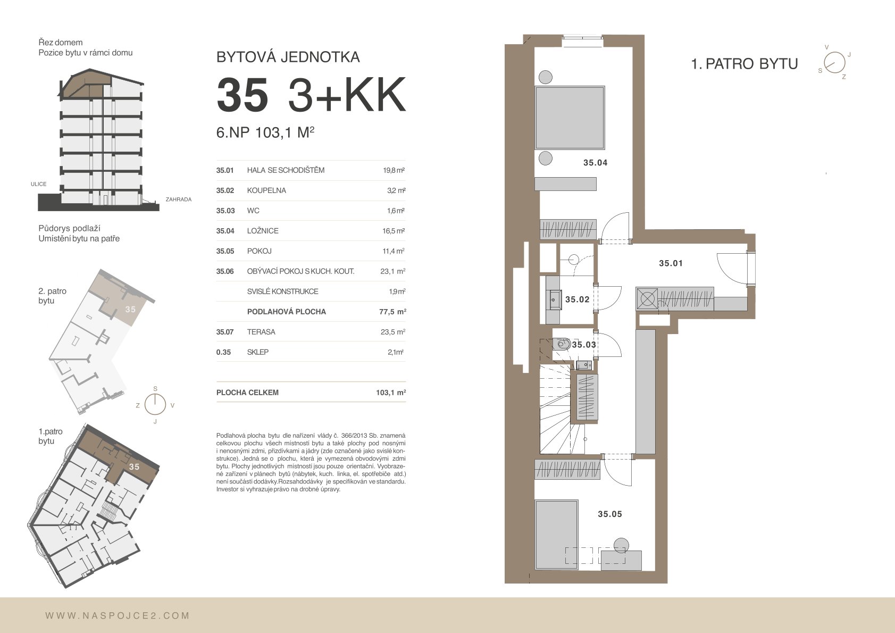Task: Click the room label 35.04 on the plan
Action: [x=595, y=163]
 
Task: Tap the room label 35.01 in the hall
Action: [x=671, y=263]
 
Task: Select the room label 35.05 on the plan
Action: [x=610, y=514]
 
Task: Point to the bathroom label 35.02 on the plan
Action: [x=578, y=299]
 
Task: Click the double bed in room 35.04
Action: [x=570, y=118]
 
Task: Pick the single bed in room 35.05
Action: [x=557, y=534]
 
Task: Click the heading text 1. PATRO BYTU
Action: [x=745, y=64]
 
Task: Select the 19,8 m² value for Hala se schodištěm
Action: [x=394, y=171]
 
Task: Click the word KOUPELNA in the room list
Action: [x=266, y=190]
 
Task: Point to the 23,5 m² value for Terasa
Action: [x=393, y=332]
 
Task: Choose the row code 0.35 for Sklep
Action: [x=223, y=353]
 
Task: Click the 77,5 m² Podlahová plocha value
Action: [x=392, y=312]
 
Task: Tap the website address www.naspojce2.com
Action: [x=118, y=616]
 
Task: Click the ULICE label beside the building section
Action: [x=39, y=184]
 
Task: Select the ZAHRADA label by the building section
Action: [x=179, y=199]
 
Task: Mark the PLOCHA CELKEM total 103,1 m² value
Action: [x=391, y=393]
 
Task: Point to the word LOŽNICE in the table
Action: [x=263, y=231]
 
